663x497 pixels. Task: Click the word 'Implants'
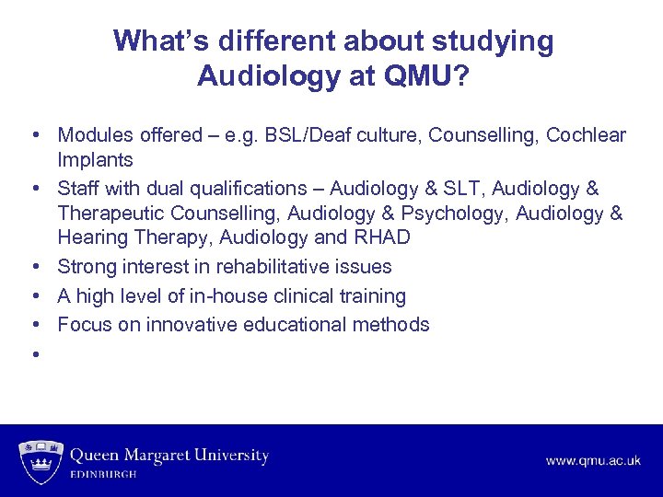(95, 160)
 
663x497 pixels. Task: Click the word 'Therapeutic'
(111, 214)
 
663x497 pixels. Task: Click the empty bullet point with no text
(34, 353)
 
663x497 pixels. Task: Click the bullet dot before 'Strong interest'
(34, 267)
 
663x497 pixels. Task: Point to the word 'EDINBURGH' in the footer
(104, 475)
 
